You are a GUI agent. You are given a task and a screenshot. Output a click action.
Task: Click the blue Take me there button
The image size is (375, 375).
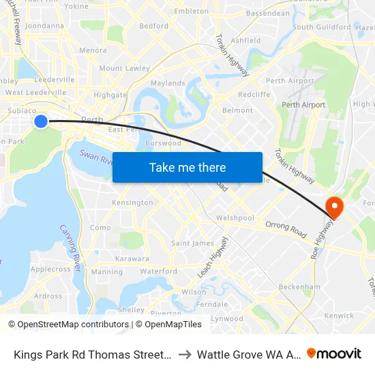coord(187,167)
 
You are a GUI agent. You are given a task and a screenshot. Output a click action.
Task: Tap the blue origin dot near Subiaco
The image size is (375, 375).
coord(41,121)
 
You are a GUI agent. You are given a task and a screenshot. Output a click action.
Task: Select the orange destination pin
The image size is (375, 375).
coord(335,207)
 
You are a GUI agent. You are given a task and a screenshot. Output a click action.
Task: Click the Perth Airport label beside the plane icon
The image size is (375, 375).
coord(304,105)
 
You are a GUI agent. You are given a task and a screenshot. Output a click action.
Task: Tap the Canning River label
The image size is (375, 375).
coord(70,248)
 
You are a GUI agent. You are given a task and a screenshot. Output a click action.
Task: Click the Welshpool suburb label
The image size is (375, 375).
coord(235,218)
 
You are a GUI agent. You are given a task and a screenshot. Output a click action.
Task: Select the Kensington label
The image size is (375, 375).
coord(132,202)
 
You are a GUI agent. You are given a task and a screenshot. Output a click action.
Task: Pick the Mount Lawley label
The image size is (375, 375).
coord(124,68)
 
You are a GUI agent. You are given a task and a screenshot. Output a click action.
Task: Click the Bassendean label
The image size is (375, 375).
coord(267,13)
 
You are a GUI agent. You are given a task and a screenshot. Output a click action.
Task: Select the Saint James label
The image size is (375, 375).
coord(192,243)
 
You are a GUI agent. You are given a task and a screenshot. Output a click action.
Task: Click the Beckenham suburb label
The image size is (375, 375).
coord(299,286)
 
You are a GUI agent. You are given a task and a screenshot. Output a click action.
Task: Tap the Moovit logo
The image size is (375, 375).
coord(334,353)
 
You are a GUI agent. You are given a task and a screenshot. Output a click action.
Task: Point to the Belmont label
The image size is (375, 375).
coord(238,110)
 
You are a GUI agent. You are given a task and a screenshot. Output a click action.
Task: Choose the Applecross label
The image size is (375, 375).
coord(50,269)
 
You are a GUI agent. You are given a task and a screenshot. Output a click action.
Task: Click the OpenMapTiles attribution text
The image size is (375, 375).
coord(168,325)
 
